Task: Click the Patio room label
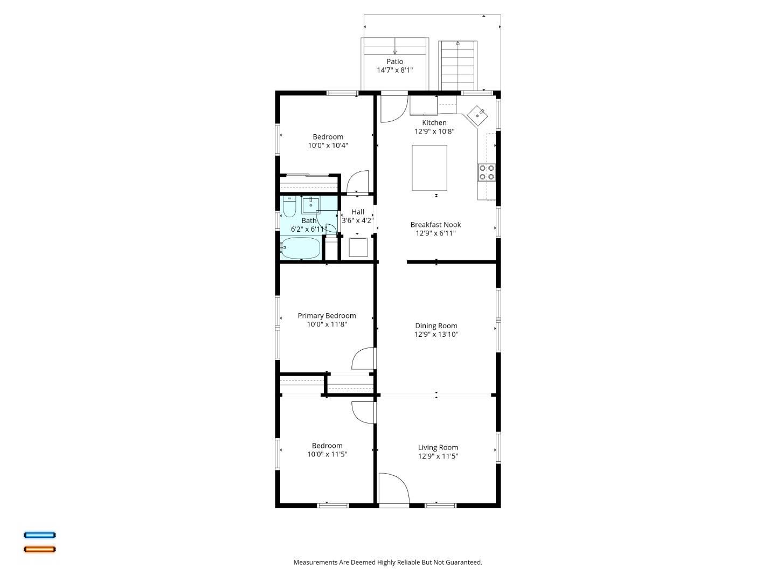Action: pyautogui.click(x=394, y=61)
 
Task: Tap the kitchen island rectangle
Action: pyautogui.click(x=429, y=168)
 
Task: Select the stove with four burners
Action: pyautogui.click(x=487, y=172)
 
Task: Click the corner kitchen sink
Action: pyautogui.click(x=477, y=115)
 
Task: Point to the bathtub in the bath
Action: pyautogui.click(x=301, y=248)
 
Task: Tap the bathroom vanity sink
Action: pyautogui.click(x=311, y=205)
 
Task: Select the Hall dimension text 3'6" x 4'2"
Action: pyautogui.click(x=357, y=220)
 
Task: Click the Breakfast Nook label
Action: pyautogui.click(x=435, y=225)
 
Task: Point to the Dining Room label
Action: pyautogui.click(x=436, y=325)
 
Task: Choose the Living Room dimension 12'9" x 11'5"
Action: pyautogui.click(x=438, y=456)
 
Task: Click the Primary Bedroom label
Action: pyautogui.click(x=327, y=316)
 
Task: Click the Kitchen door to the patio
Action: pyautogui.click(x=394, y=108)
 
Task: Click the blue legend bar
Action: pyautogui.click(x=39, y=535)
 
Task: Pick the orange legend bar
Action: pyautogui.click(x=39, y=549)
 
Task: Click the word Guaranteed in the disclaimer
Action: pyautogui.click(x=463, y=562)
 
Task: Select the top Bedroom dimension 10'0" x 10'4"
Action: pyautogui.click(x=328, y=145)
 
